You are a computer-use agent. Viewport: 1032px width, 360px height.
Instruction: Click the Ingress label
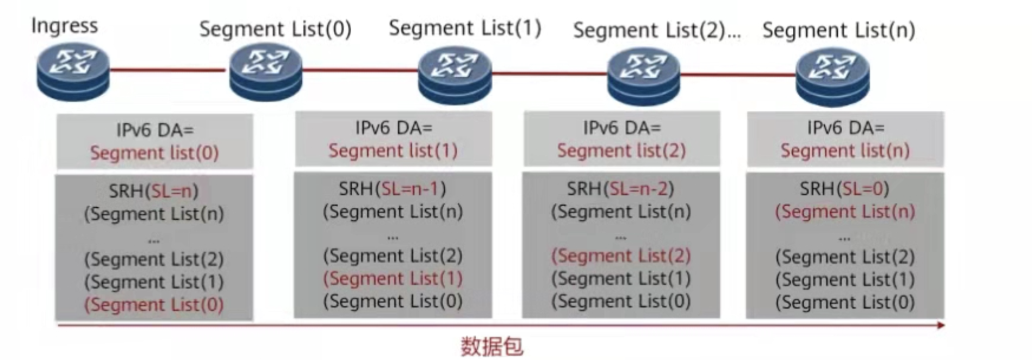[64, 26]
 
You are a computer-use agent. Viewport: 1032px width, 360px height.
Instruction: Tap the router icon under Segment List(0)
[265, 72]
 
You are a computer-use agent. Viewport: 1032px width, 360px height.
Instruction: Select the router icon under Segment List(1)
[455, 75]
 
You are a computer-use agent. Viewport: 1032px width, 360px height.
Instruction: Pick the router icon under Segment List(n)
[832, 76]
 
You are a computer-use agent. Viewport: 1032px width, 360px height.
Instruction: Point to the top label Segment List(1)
[465, 28]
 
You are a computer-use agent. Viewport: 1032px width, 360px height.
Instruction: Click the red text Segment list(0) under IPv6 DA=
[154, 153]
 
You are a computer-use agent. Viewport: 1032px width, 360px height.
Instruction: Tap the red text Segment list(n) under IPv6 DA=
[845, 150]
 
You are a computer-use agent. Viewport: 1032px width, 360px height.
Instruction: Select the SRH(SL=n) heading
[154, 190]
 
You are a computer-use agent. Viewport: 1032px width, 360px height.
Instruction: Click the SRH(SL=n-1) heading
[393, 189]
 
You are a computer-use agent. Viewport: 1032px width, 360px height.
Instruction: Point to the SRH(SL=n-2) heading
[620, 189]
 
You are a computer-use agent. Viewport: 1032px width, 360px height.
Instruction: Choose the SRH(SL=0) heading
[844, 189]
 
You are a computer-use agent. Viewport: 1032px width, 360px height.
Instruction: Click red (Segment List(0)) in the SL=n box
[154, 304]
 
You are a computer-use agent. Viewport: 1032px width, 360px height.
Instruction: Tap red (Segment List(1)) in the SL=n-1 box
[393, 278]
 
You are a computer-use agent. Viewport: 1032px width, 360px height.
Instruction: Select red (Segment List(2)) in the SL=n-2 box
[621, 256]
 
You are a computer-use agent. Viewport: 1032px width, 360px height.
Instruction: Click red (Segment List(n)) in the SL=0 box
[845, 212]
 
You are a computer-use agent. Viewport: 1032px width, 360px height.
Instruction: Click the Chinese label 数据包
[492, 346]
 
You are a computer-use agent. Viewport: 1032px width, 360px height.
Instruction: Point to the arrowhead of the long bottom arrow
[941, 325]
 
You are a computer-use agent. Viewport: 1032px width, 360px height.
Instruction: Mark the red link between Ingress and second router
[167, 70]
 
